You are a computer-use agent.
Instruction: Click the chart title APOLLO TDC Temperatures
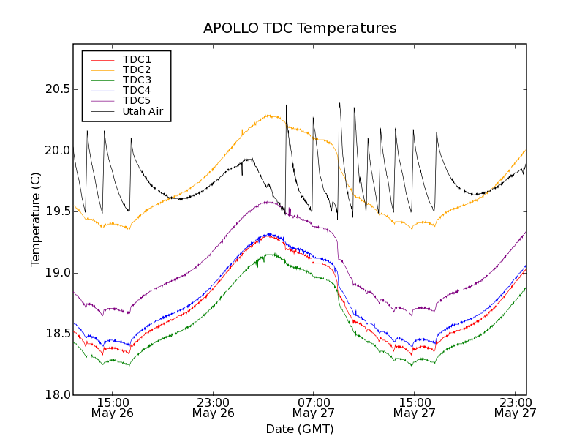tap(300, 29)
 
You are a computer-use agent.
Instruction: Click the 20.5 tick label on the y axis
tap(56, 89)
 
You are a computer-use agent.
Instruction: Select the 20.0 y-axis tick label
tap(56, 151)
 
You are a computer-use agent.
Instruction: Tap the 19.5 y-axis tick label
tap(56, 211)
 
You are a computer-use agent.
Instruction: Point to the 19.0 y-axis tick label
tap(56, 273)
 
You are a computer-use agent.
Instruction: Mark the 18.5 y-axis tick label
tap(56, 334)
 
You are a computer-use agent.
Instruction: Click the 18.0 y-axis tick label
tap(56, 395)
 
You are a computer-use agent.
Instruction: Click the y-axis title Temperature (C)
tap(36, 219)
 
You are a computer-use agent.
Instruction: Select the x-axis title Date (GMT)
tap(300, 429)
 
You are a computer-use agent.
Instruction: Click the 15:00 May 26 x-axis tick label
tap(113, 408)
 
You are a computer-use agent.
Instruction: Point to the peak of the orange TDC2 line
tap(270, 115)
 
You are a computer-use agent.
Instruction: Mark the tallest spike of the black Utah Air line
tap(339, 103)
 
